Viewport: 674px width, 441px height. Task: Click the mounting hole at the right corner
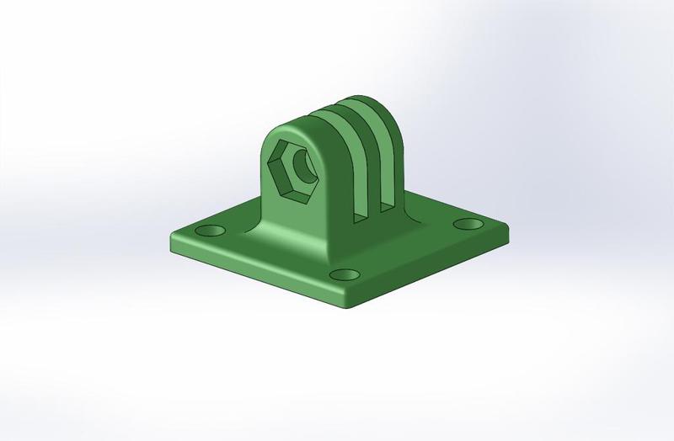coord(465,224)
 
